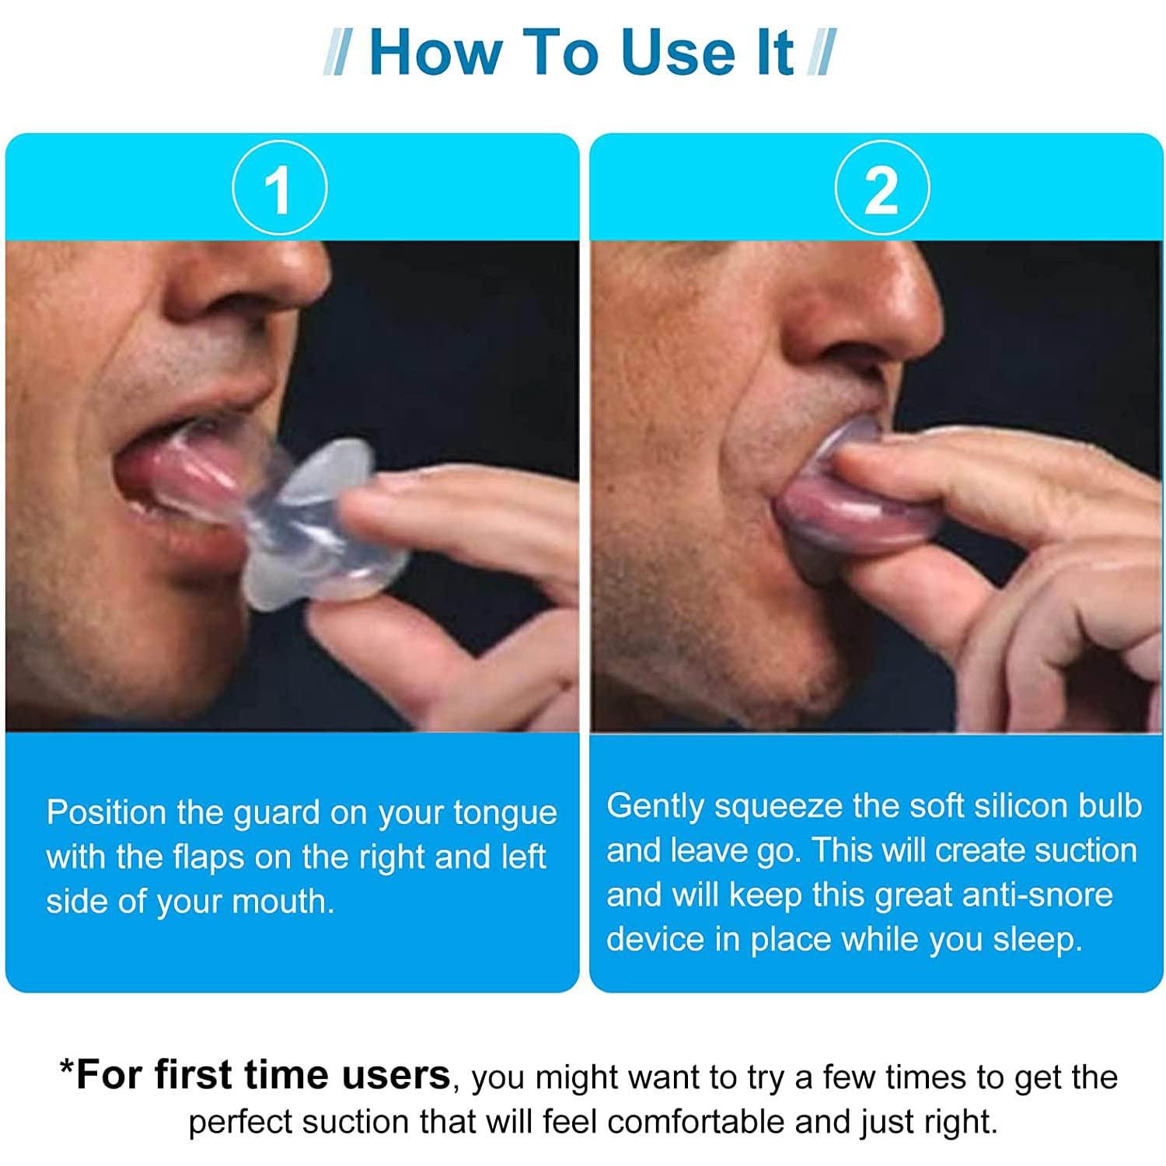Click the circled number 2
pos(881,189)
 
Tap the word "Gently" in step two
pos(655,807)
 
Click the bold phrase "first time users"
pos(264,1075)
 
